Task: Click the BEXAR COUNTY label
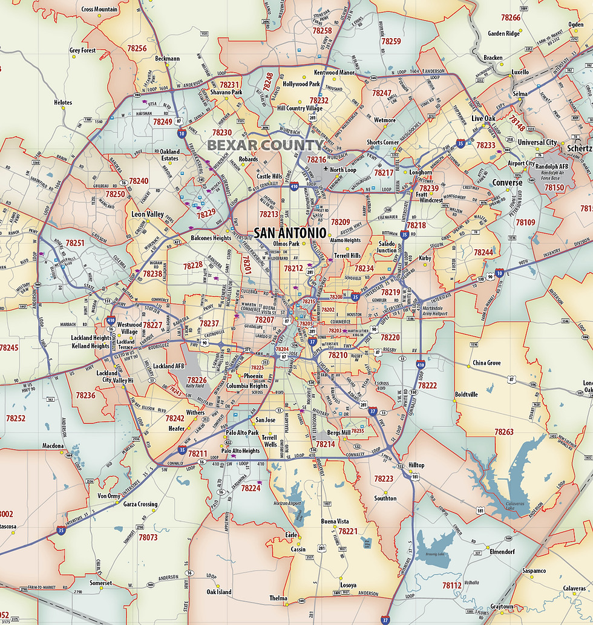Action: pos(265,145)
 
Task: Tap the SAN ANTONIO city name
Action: pos(290,233)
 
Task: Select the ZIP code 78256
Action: pos(137,48)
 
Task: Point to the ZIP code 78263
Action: pos(503,432)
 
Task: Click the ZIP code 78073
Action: pos(148,537)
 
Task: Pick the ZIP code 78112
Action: pos(451,586)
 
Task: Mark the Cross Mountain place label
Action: pos(99,10)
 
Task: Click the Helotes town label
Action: pos(63,103)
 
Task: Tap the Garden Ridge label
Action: pos(503,34)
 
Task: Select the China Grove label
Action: pos(487,363)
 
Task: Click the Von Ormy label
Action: pos(109,496)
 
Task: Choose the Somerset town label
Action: pos(101,583)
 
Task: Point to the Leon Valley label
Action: pos(148,214)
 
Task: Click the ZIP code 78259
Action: pos(391,41)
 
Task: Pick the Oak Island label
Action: pos(218,592)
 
